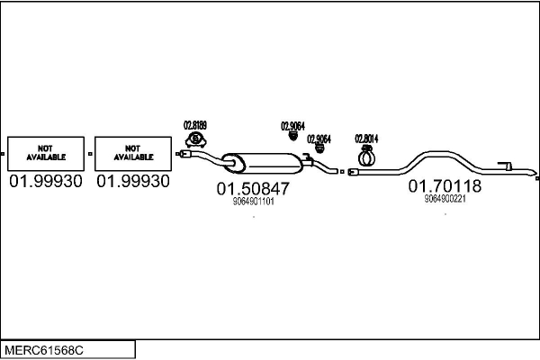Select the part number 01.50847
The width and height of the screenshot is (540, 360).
[253, 189]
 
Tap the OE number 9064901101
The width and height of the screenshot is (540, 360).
[253, 202]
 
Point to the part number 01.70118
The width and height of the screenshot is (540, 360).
[445, 186]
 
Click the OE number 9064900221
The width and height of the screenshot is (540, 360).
[445, 199]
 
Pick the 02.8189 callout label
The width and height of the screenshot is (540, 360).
[195, 125]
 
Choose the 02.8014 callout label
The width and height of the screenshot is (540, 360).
[365, 138]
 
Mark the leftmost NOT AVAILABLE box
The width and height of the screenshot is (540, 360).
[45, 154]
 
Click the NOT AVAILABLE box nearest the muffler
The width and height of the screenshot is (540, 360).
[133, 154]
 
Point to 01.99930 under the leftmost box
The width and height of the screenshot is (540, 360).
[45, 182]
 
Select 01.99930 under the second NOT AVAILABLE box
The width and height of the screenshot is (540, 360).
[133, 182]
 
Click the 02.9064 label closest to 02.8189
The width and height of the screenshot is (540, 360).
[292, 126]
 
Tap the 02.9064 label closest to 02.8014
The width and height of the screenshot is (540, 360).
[319, 139]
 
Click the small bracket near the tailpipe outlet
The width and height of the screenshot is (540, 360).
[507, 166]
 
